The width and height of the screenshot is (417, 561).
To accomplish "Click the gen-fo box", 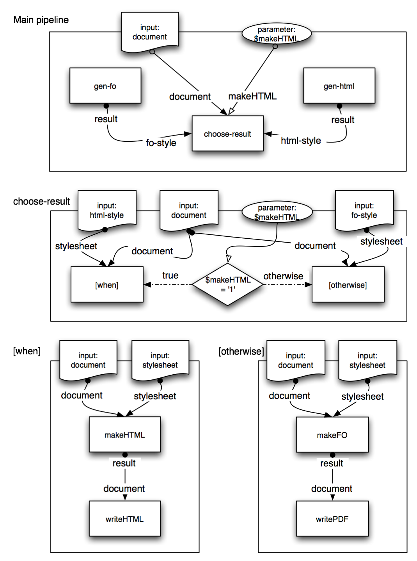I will [x=105, y=86].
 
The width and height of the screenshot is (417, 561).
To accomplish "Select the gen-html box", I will [x=339, y=86].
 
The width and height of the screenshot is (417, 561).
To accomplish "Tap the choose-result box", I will [x=227, y=133].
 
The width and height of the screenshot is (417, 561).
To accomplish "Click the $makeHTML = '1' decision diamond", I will [x=227, y=284].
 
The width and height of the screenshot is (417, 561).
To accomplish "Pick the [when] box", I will [x=107, y=284].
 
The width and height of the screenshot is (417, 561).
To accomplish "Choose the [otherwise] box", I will [x=348, y=284].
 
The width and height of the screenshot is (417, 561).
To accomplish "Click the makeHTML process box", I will [x=125, y=434].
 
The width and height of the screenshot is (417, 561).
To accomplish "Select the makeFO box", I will [x=332, y=434].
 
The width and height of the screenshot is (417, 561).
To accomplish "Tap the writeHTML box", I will [x=125, y=518].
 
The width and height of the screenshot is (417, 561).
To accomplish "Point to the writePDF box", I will [x=332, y=518].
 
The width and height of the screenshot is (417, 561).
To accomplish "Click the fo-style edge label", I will [x=161, y=143].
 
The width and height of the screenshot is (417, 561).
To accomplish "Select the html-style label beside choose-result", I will [x=301, y=141].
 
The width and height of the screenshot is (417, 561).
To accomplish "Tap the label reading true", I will [x=170, y=275].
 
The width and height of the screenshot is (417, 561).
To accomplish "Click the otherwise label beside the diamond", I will [x=284, y=276].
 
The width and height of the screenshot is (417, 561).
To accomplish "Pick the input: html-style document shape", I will [x=107, y=210].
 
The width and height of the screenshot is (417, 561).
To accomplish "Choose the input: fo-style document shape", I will [x=364, y=210].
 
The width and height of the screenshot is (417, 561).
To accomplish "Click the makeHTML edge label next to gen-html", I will [x=253, y=96].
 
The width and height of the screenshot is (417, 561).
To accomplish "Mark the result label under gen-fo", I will [x=106, y=119].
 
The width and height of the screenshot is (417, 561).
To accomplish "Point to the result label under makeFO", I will [x=332, y=463].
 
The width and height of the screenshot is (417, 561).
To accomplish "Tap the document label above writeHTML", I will [x=124, y=489].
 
